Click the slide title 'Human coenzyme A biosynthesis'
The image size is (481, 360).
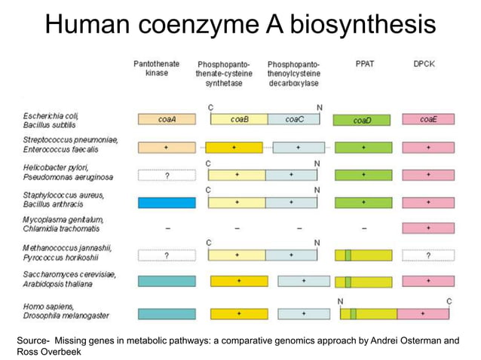click(x=240, y=25)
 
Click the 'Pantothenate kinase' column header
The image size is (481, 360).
click(x=157, y=69)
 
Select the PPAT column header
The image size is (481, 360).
click(x=364, y=64)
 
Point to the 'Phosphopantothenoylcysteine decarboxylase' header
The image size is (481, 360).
click(x=295, y=73)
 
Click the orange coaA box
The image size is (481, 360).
click(x=167, y=119)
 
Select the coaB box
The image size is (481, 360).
click(x=238, y=119)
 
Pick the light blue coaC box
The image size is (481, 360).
click(x=296, y=119)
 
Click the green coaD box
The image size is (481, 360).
click(x=363, y=120)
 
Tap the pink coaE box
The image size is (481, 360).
click(x=428, y=119)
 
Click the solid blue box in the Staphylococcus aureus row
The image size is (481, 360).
click(x=167, y=202)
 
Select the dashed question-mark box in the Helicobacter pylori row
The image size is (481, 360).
click(x=167, y=175)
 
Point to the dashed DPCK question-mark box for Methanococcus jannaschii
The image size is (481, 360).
click(x=428, y=255)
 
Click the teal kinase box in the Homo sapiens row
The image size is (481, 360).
click(x=167, y=313)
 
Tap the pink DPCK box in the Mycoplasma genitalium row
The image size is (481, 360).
click(x=428, y=227)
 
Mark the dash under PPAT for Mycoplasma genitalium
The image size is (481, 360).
click(x=363, y=227)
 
